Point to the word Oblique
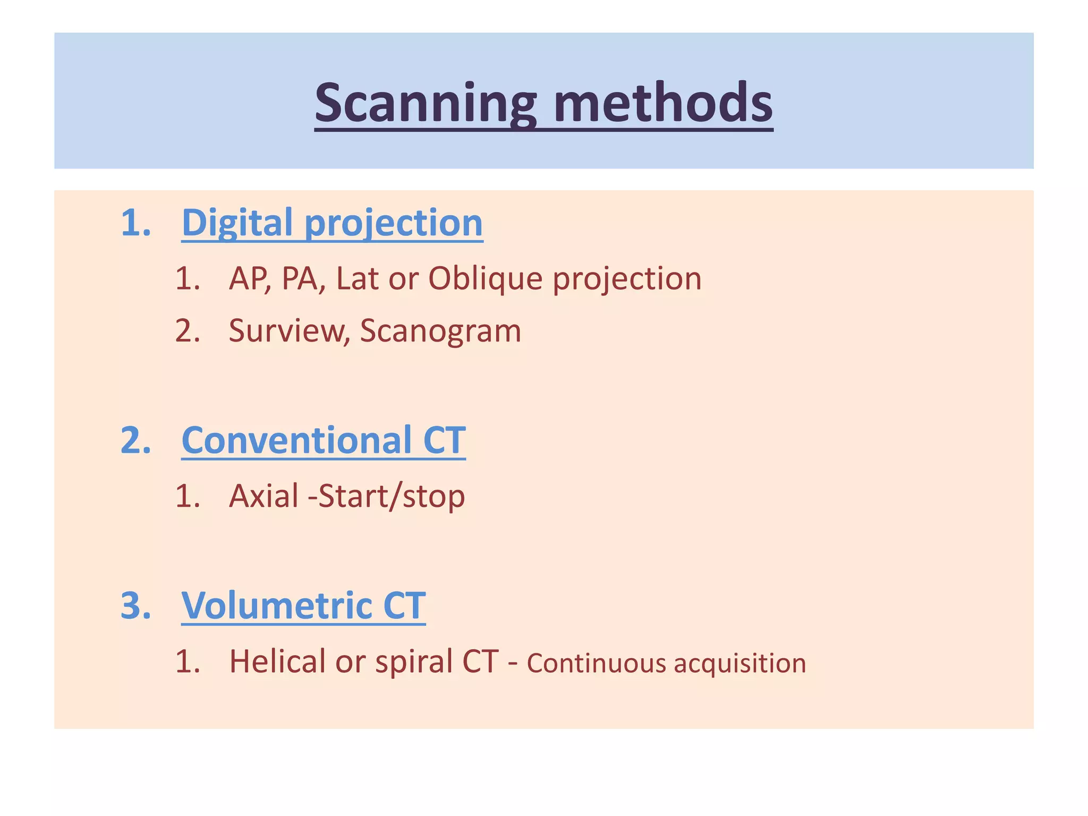click(485, 279)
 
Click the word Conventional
click(296, 440)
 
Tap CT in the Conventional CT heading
click(444, 440)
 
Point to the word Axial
click(263, 496)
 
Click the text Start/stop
click(392, 496)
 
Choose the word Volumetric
click(277, 606)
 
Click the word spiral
click(413, 662)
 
